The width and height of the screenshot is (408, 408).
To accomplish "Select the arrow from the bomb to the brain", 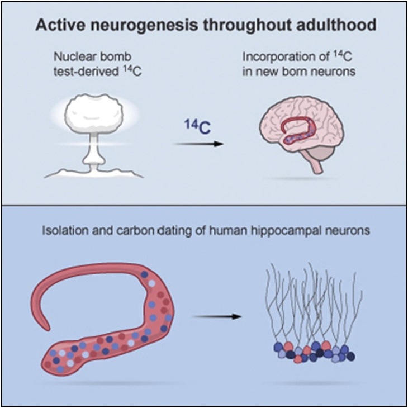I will tap(198, 144).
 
